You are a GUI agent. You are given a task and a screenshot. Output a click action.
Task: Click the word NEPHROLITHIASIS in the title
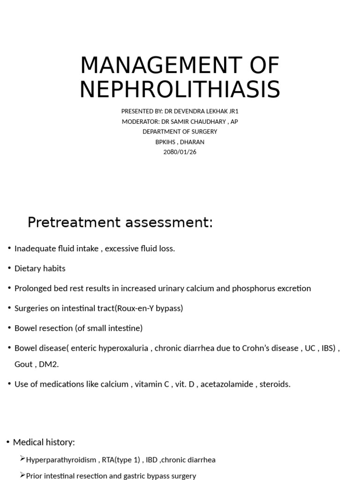point(180,90)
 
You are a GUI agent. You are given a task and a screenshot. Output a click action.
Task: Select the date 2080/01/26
point(180,152)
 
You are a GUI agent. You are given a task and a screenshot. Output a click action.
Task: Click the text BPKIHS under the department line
point(167,142)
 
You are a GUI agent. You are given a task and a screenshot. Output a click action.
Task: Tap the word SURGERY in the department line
point(204,132)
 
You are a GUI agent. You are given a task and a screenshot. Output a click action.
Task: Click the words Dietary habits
point(40,269)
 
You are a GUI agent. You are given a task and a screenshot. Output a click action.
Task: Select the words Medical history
point(44,442)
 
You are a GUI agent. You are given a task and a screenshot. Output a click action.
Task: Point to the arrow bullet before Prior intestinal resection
point(22,475)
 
